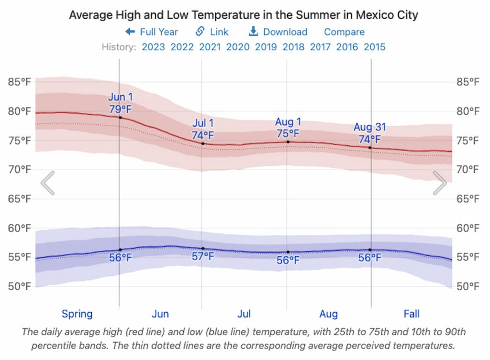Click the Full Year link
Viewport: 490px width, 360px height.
[x=152, y=32]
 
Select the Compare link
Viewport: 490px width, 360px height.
[x=344, y=32]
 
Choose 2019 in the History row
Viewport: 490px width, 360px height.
[x=266, y=47]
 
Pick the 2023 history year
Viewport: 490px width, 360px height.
[x=153, y=47]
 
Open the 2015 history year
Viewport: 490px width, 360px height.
[x=375, y=47]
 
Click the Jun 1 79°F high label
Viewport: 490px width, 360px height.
[x=120, y=103]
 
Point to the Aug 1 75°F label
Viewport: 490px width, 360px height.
[x=288, y=128]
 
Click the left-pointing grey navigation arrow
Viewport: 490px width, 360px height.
[x=48, y=183]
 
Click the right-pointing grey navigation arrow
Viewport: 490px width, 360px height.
[x=440, y=183]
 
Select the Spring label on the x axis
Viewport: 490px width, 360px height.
[x=77, y=314]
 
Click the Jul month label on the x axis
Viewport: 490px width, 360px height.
[x=244, y=314]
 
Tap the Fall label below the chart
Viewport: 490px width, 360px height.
[x=412, y=314]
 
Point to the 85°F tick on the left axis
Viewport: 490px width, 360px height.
[x=19, y=82]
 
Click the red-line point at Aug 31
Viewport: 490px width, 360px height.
[x=370, y=148]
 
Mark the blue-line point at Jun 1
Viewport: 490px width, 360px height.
[x=120, y=250]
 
